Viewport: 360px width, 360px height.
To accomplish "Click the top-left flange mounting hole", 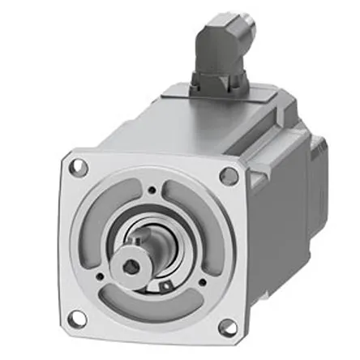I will click(79, 169).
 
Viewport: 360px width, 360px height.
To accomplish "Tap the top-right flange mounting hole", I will click(229, 175).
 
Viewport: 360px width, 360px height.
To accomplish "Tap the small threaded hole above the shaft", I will click(152, 191).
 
